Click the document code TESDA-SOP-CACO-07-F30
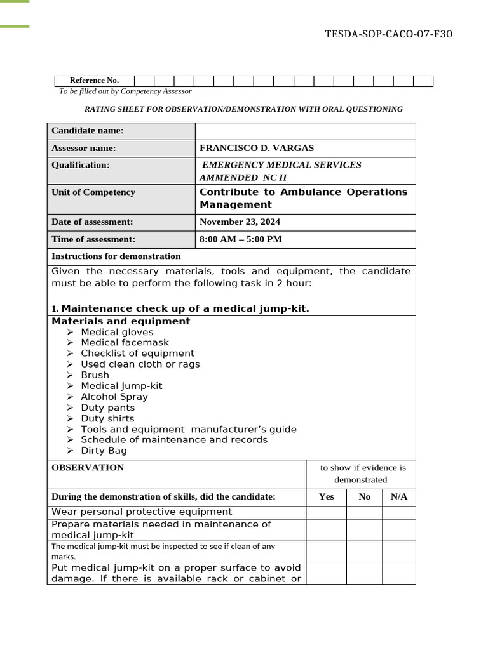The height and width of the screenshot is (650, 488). point(388,34)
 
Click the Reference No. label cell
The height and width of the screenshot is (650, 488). point(94,81)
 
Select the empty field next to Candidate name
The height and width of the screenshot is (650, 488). point(305,131)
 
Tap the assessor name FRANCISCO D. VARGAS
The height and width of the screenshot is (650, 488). point(257,148)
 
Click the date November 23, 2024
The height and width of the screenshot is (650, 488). point(240,222)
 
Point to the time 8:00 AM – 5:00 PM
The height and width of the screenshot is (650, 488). point(241,239)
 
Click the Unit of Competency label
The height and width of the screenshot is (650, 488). point(93,192)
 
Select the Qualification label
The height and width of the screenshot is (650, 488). point(81,165)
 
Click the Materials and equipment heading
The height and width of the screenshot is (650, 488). point(121,321)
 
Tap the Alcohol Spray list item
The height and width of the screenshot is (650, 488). point(114,397)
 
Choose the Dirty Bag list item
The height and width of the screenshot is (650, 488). point(104,451)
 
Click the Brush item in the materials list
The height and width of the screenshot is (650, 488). point(95,375)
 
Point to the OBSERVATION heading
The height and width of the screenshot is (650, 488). point(88,468)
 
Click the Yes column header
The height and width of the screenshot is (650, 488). point(326,496)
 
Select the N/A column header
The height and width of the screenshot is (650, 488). point(399,496)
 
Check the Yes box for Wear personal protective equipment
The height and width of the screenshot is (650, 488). point(326,512)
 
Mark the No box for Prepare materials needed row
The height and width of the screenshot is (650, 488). point(364,530)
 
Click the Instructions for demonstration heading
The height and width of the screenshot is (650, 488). point(116,256)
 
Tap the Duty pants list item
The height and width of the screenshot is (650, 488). point(108,408)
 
